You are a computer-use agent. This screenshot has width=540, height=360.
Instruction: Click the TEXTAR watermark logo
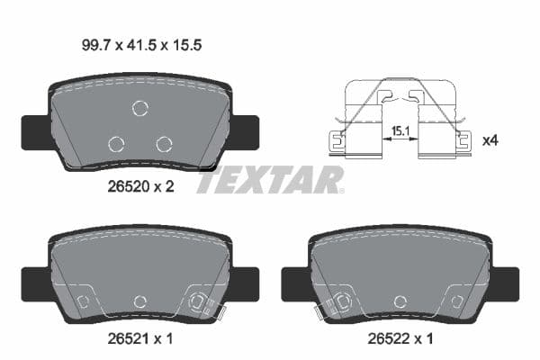coord(270,179)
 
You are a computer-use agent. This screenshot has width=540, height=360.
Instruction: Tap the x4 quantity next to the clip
coord(491,140)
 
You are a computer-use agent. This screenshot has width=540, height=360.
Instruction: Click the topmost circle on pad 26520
coord(139,108)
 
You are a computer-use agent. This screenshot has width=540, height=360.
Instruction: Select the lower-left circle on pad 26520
coord(115,143)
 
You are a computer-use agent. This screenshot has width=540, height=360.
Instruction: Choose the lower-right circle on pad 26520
coord(164,143)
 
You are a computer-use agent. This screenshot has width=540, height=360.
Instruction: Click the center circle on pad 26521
coord(139,301)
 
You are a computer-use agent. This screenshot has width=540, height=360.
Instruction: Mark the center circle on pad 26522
coord(399,301)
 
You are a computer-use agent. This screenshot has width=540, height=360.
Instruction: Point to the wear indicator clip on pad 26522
coord(334,305)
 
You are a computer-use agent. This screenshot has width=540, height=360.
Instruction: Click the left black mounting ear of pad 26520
coord(33,132)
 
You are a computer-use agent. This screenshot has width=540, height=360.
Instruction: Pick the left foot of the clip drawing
coord(337,140)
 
